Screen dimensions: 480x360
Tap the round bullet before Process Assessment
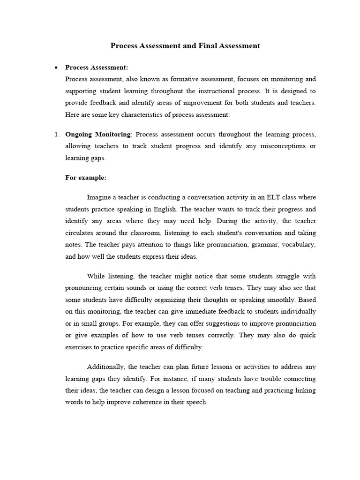coord(56,68)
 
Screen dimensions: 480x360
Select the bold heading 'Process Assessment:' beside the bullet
coord(97,67)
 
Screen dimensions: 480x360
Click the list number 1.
coord(55,135)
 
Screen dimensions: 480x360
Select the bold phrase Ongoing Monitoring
coord(97,135)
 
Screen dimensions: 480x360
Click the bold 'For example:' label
coord(86,178)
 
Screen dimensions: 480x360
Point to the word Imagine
coord(99,197)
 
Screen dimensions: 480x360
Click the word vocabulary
coord(298,245)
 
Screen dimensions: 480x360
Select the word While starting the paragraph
coord(96,277)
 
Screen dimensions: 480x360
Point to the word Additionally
coord(106,367)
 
